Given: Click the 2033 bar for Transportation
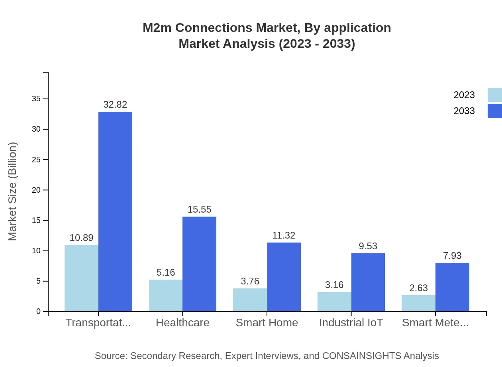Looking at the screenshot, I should pos(115,211).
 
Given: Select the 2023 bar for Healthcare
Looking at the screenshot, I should pos(166,296).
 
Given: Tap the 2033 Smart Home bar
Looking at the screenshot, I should pos(284,277).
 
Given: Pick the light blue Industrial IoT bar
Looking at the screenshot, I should pos(334,302).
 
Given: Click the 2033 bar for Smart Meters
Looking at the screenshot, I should pos(452,287).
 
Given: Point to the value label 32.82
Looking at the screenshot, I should pos(115,105).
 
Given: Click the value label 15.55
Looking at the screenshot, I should pos(199,209).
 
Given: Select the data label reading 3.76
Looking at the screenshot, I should pos(250,281).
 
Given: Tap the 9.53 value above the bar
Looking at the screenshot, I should pos(368,246).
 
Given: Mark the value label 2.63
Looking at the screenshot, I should pos(418,288).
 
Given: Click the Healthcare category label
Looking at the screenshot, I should pos(182,323).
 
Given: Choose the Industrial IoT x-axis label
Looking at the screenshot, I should pos(351,323).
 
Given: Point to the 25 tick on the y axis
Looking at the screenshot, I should pos(36,160).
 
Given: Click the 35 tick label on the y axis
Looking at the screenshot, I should pos(36,99).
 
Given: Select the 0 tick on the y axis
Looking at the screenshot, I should pos(39,312).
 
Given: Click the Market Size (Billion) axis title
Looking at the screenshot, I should pos(13,191).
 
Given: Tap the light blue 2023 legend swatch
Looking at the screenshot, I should pos(494,95).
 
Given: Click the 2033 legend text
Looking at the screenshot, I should pos(464,111).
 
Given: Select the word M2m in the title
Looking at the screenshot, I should pos(157,28).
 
